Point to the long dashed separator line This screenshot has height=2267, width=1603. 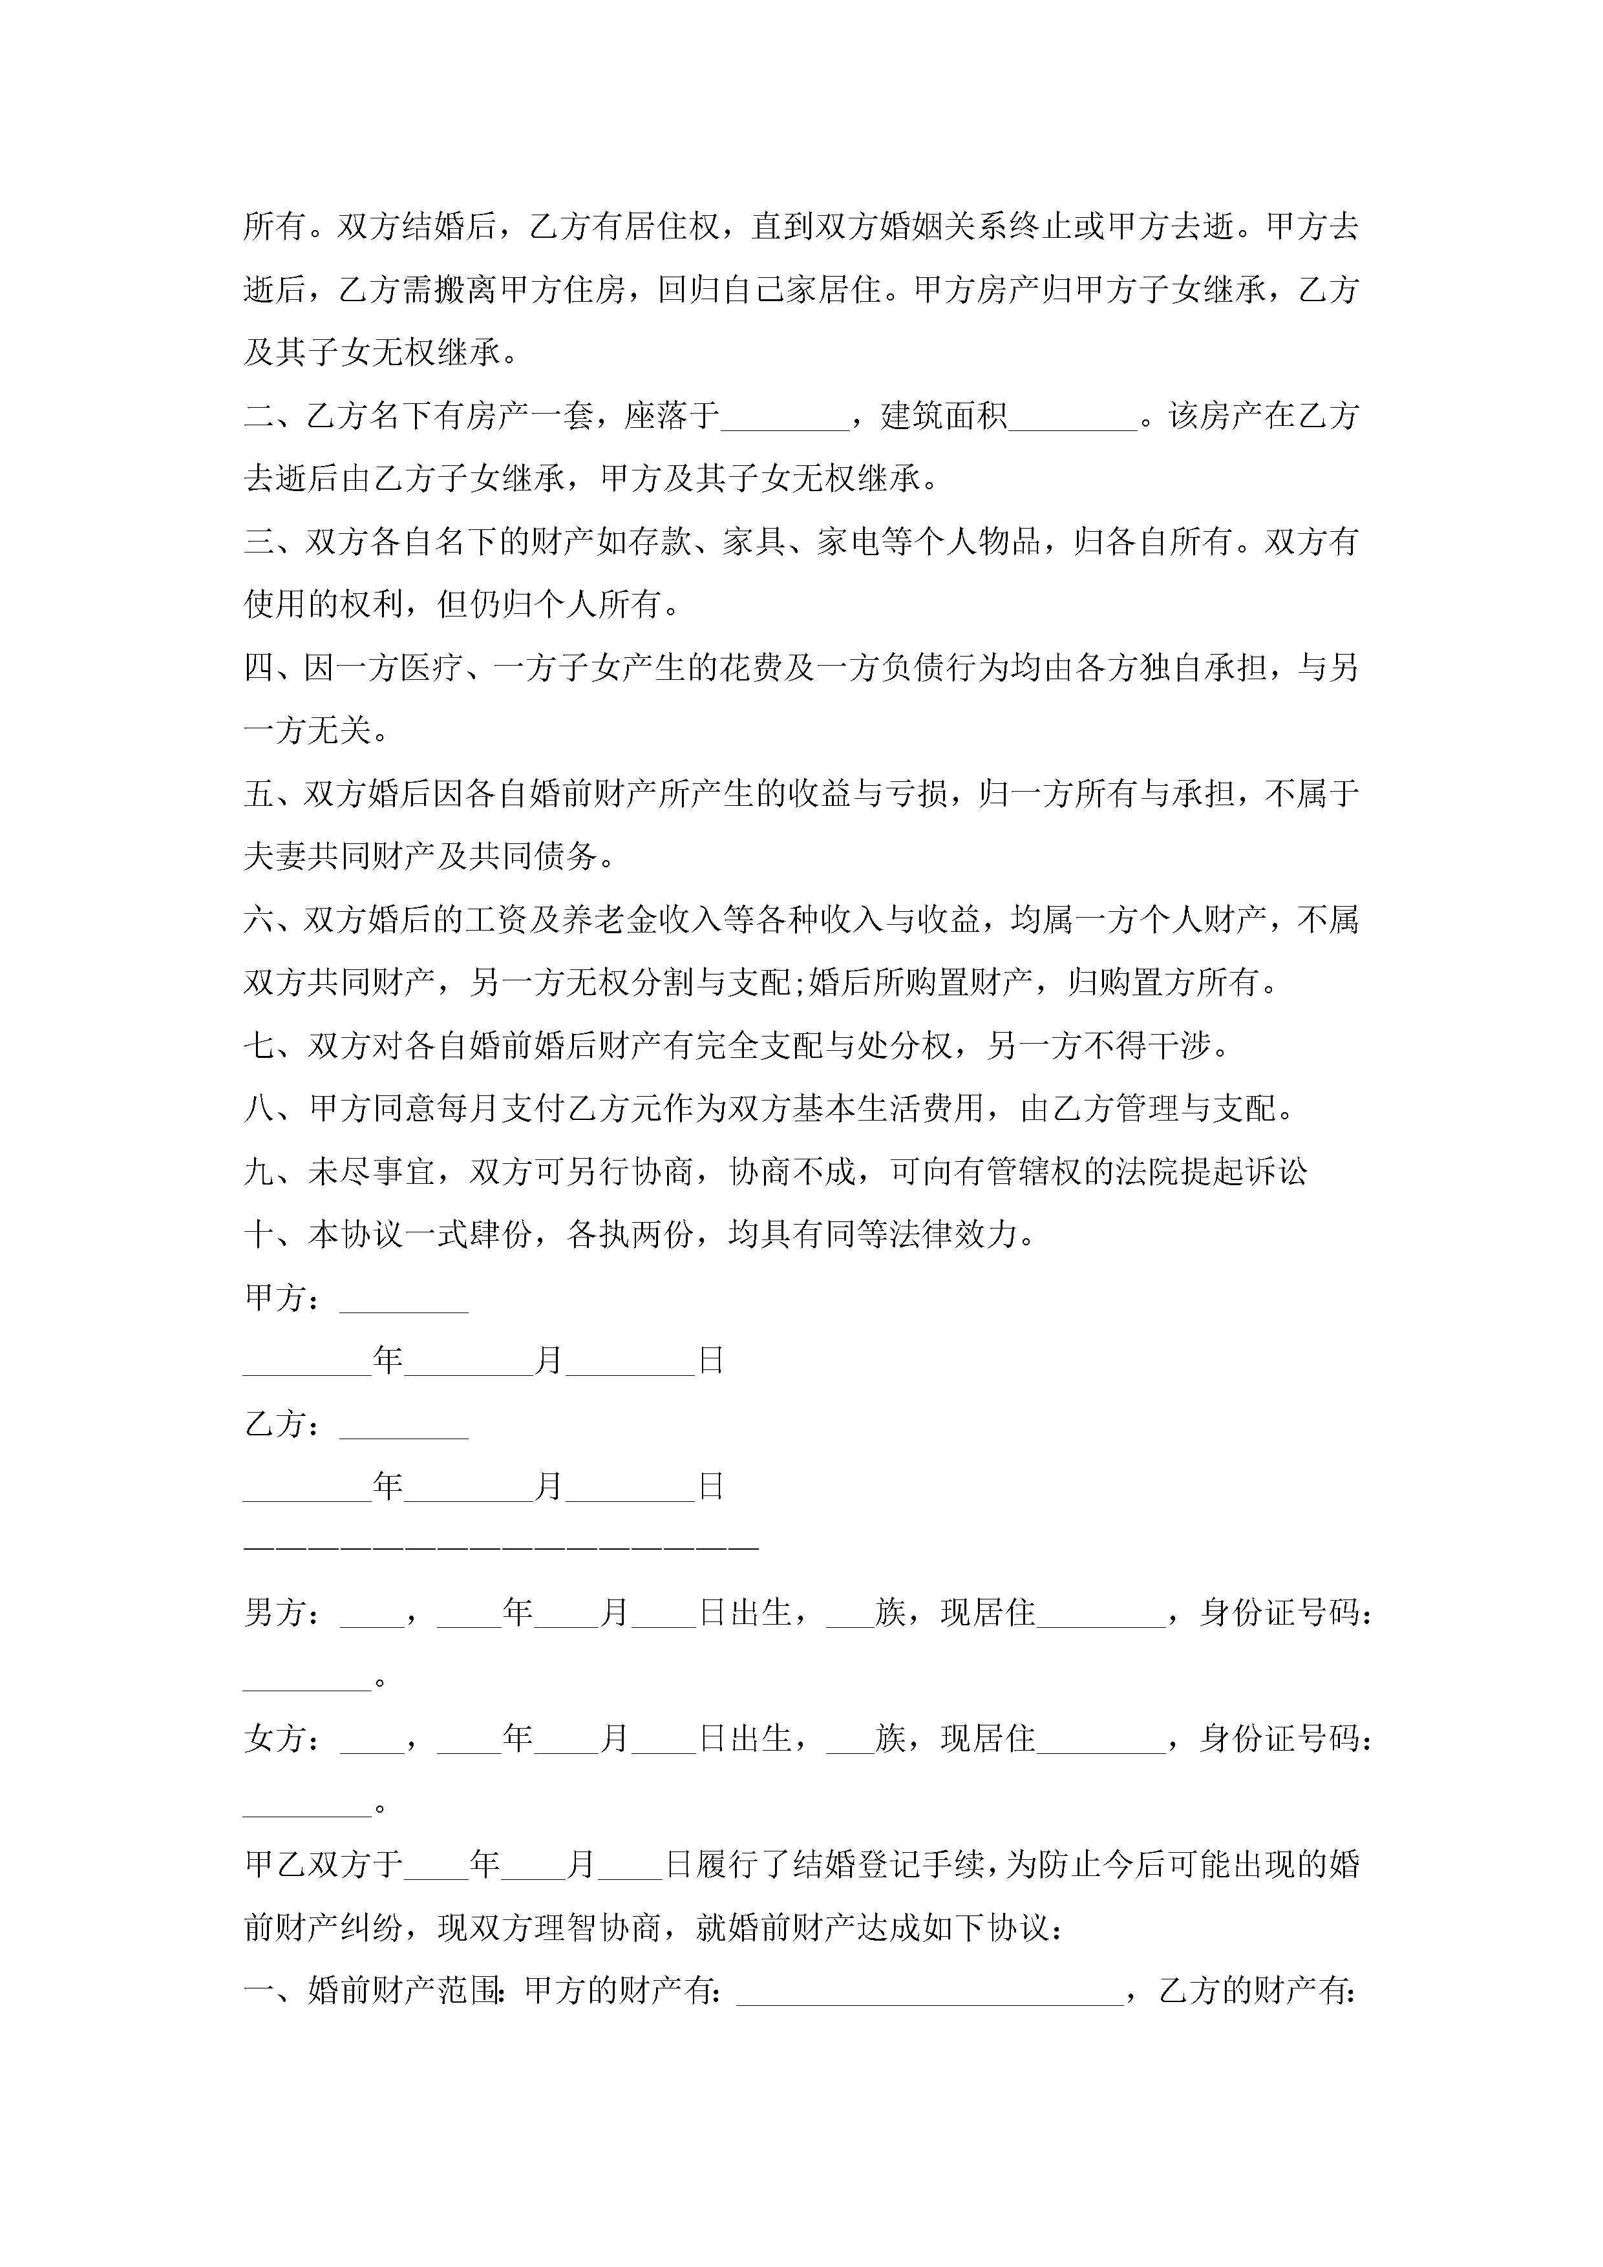pos(501,1549)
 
